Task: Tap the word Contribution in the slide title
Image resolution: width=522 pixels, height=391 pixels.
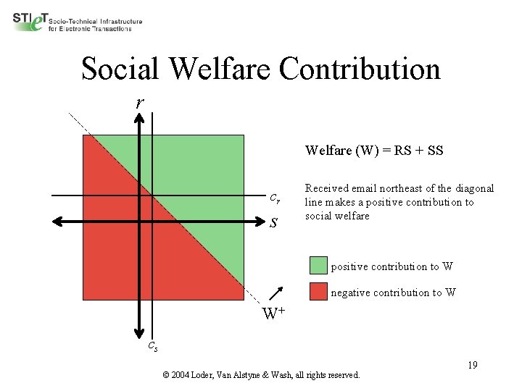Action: pos(360,69)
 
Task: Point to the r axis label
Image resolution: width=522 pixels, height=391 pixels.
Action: pos(139,103)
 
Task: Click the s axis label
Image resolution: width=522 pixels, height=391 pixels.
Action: pos(273,222)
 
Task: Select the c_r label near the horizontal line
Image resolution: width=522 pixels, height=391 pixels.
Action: pos(275,197)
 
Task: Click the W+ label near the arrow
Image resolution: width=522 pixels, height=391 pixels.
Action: pos(273,314)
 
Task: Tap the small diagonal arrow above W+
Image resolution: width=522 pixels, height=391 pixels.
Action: pos(275,293)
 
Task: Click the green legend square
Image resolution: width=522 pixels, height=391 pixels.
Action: pos(318,265)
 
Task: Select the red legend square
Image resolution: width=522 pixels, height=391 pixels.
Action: pos(318,291)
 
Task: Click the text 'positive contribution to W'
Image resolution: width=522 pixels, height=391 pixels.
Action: pos(392,266)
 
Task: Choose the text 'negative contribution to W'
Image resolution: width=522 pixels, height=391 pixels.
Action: pos(394,293)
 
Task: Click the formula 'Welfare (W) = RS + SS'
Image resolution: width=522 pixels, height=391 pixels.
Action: pos(374,151)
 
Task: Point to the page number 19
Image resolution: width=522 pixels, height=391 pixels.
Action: pos(472,365)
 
